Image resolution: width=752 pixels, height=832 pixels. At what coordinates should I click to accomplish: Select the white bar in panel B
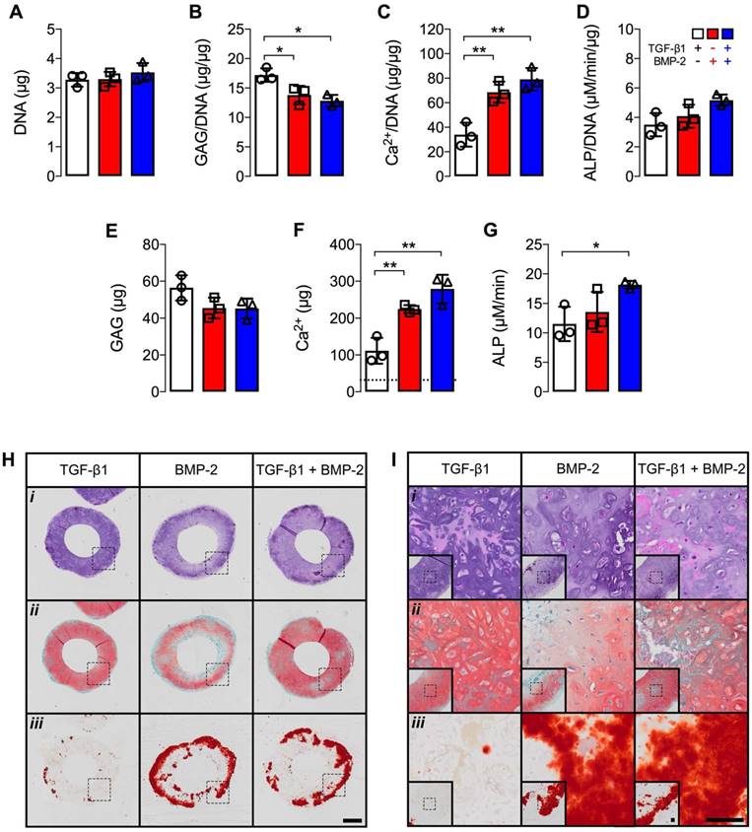click(x=266, y=128)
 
